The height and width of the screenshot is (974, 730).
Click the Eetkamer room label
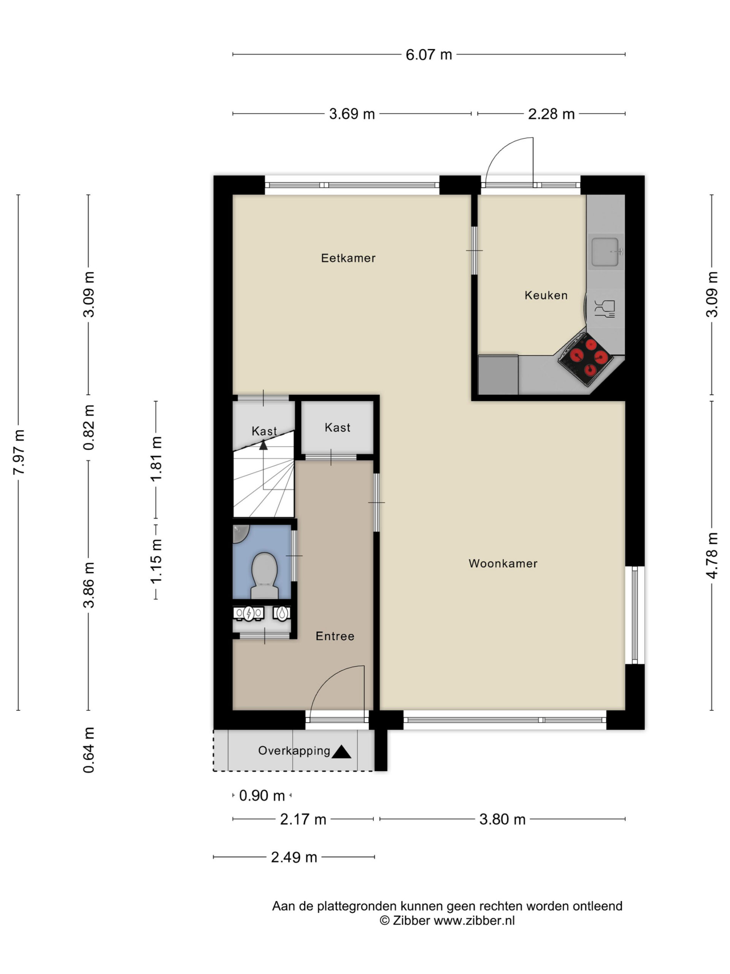click(x=348, y=258)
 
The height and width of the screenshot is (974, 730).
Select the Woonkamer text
click(x=503, y=563)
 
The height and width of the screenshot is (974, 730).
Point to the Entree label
click(x=335, y=636)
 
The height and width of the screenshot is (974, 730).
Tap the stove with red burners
click(x=585, y=359)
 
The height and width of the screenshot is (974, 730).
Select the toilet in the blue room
click(x=264, y=576)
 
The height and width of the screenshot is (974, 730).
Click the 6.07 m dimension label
click(x=428, y=55)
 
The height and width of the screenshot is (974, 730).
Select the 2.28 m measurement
click(x=551, y=114)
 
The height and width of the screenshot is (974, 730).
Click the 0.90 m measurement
click(x=262, y=796)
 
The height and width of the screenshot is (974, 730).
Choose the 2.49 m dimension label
click(x=294, y=857)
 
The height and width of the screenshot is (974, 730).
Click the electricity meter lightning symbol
click(x=249, y=613)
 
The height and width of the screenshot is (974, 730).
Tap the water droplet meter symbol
click(x=282, y=613)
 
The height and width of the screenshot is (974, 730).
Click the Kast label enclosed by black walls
click(x=338, y=428)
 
